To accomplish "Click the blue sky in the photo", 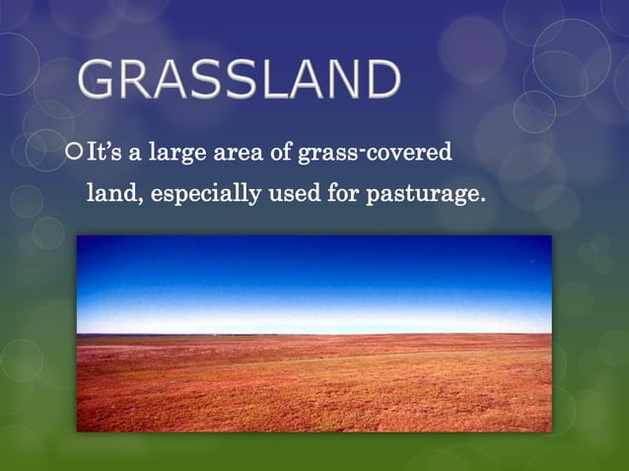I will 314,276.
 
